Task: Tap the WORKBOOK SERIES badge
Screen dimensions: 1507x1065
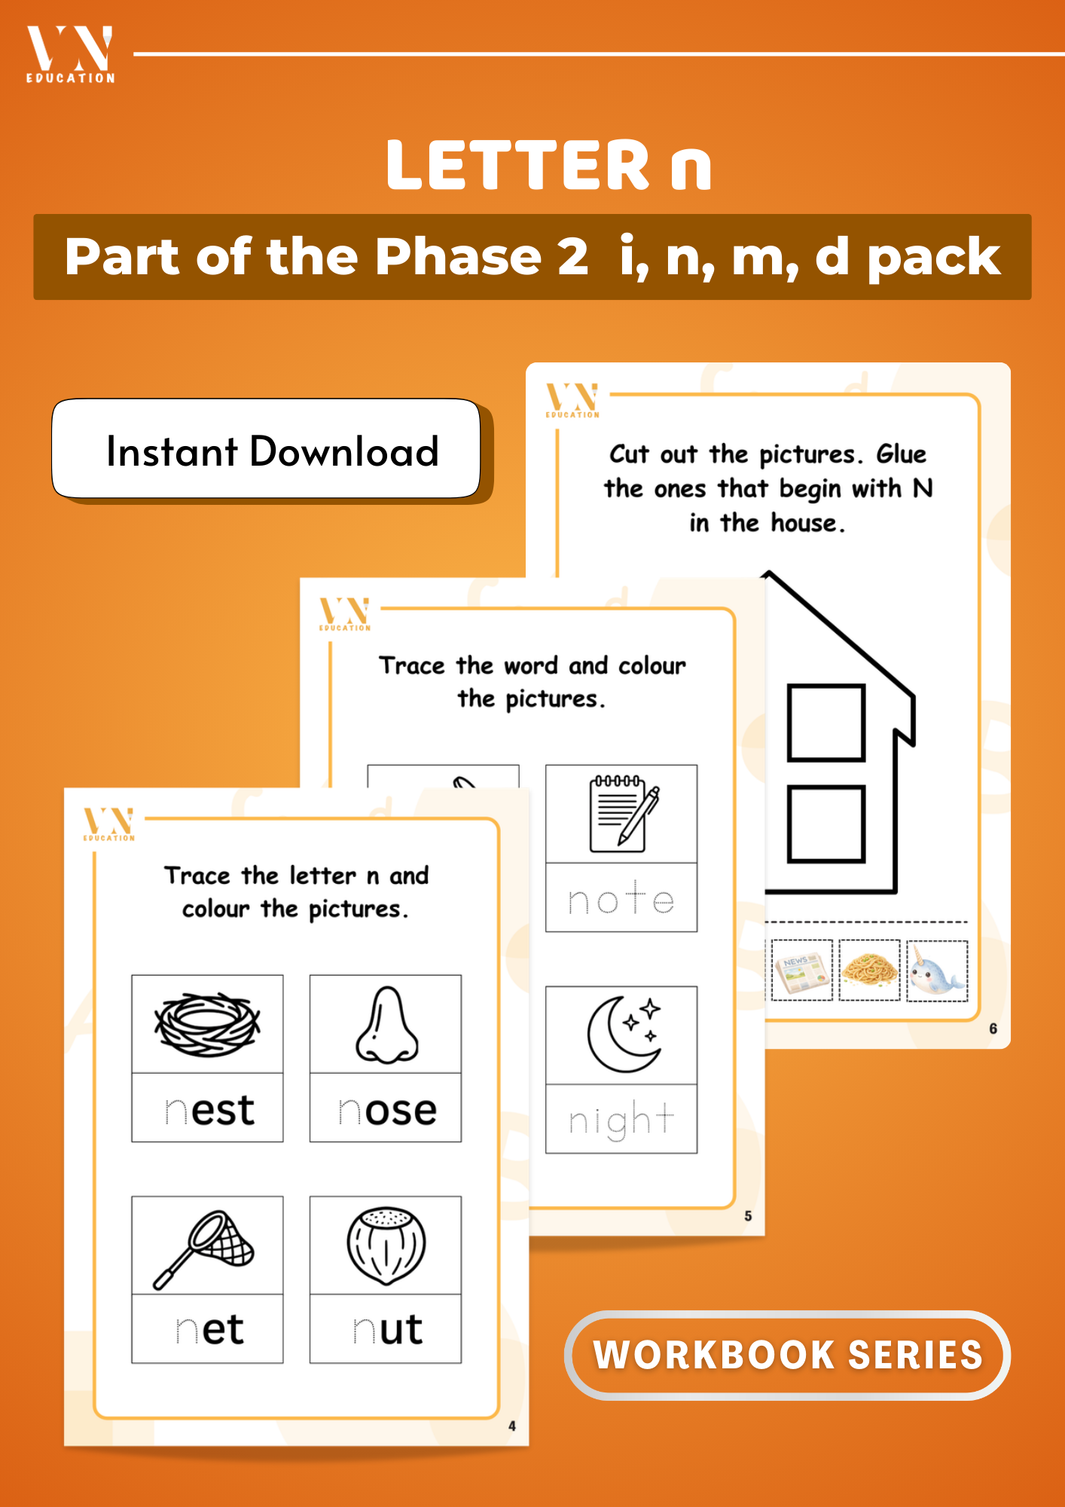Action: coord(787,1355)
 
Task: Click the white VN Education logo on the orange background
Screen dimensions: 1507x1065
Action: coord(70,54)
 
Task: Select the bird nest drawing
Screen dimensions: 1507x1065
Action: coord(207,1024)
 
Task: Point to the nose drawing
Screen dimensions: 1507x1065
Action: coord(386,1025)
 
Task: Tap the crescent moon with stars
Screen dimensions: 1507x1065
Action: coord(624,1033)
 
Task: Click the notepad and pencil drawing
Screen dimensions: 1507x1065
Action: coord(622,814)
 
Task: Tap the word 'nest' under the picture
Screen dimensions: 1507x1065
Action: coord(210,1110)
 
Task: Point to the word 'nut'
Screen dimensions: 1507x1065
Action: coord(388,1329)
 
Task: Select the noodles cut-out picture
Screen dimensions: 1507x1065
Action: coord(869,970)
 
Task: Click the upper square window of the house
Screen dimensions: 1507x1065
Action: coord(825,723)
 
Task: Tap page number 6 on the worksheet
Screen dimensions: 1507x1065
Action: coord(993,1029)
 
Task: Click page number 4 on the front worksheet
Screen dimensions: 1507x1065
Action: coord(512,1426)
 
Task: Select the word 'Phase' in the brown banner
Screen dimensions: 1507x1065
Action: coord(458,257)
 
